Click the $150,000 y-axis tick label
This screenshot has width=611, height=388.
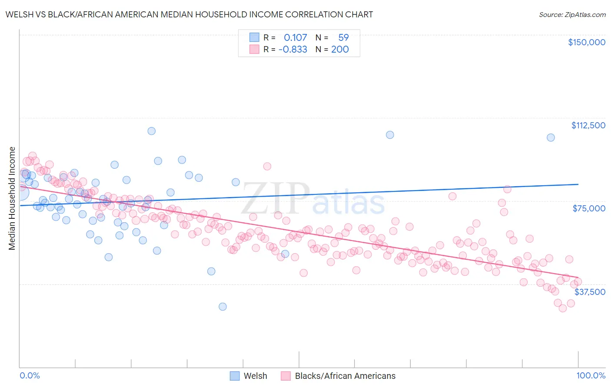pos(586,42)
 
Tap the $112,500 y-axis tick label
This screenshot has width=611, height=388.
pos(588,125)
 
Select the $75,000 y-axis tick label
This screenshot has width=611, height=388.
pos(589,208)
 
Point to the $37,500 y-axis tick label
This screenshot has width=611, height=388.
pos(590,292)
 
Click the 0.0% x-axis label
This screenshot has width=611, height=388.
pos(30,375)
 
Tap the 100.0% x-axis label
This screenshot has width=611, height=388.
pos(591,375)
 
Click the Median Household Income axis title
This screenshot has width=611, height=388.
pos(12,198)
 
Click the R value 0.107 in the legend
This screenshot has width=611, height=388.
pos(295,37)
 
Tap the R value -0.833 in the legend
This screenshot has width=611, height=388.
pos(292,49)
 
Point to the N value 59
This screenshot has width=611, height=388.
pos(343,37)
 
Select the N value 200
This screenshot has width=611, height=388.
pos(340,49)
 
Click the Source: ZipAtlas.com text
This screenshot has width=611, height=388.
pos(572,14)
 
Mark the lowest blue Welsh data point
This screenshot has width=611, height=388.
pos(222,307)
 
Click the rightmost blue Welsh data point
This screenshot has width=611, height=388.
pos(551,137)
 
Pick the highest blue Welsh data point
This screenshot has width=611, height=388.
pos(151,131)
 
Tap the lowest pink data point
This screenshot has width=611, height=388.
pos(562,308)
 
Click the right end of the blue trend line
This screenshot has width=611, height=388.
pos(578,184)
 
